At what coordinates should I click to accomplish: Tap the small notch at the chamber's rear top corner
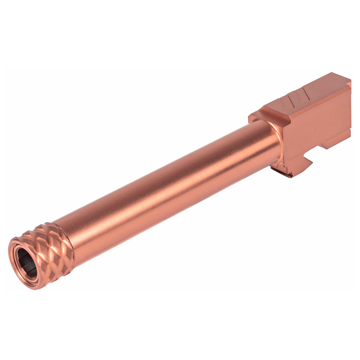coord(348,84)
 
